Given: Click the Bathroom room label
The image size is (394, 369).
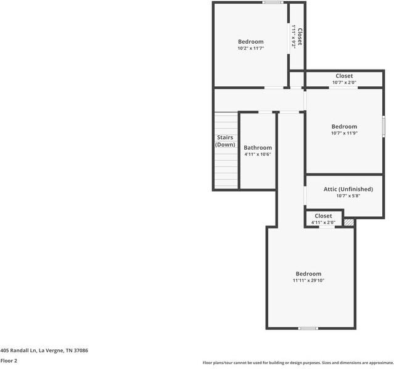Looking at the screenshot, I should pos(257,148).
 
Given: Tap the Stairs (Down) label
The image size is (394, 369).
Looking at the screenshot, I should pos(225,141).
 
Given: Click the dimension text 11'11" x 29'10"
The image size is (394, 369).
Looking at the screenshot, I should pos(308,280).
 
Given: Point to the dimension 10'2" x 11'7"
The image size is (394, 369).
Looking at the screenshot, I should pos(250,48).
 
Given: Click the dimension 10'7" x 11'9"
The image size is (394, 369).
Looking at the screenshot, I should pos(344,133).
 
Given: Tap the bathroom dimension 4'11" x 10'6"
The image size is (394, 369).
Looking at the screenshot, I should pos(257,155).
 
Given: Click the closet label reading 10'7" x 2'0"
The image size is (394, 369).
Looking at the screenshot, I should pos(344,83).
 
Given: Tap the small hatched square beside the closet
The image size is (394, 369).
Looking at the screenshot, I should pos(349,222).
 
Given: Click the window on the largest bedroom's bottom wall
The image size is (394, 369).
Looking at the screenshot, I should pos(308,328).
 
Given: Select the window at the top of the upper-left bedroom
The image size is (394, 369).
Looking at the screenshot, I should pos(272,2).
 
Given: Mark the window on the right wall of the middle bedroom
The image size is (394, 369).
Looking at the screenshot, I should pos(384,126).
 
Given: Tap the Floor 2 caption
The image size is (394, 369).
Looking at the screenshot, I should pos(9,361).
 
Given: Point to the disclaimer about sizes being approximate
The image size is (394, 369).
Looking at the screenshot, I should pos(297,363).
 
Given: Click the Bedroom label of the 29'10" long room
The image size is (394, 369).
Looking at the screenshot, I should pos(308,274).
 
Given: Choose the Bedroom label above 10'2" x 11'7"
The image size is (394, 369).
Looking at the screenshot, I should pos(250,42).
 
